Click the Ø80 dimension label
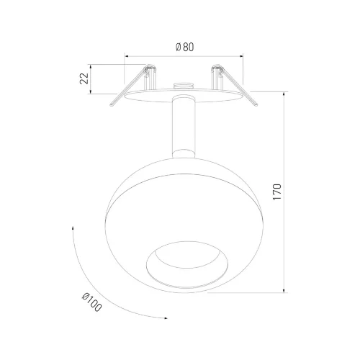coord(184,47)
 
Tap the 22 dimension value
coord(84,78)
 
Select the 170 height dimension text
coord(277,192)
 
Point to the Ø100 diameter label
coord(92,302)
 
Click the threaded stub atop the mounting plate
coord(184,86)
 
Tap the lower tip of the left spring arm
coord(112,104)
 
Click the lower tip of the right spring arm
coord(256,104)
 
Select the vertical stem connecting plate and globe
coord(184,124)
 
